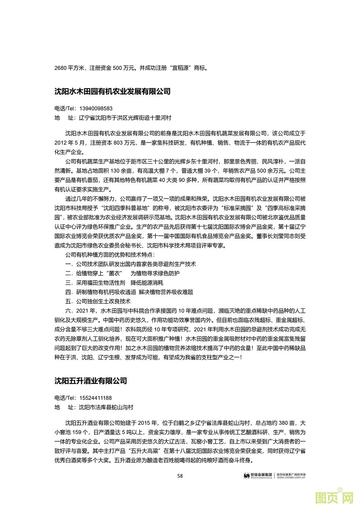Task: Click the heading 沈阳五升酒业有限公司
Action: (x=90, y=381)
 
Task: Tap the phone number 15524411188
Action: (x=96, y=398)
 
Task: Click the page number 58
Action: (x=180, y=476)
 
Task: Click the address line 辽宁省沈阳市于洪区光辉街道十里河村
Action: (x=125, y=118)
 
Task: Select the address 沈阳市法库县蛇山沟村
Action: (x=106, y=407)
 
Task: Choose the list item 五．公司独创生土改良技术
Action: (x=98, y=302)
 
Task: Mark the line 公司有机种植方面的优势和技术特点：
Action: (x=110, y=255)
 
